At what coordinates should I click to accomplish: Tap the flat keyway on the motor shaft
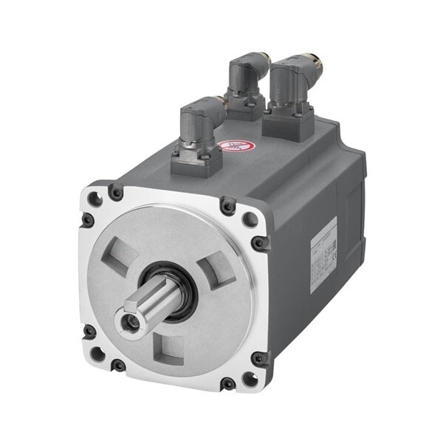tap(151, 299)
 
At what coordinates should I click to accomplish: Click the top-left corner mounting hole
tap(94, 199)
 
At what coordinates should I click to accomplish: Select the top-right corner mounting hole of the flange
tap(249, 219)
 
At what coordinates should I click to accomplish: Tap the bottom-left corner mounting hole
tap(97, 353)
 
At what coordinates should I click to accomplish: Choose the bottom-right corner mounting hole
tap(250, 379)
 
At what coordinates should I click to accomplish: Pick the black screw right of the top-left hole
tap(116, 192)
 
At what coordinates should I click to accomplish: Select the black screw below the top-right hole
tap(260, 241)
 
